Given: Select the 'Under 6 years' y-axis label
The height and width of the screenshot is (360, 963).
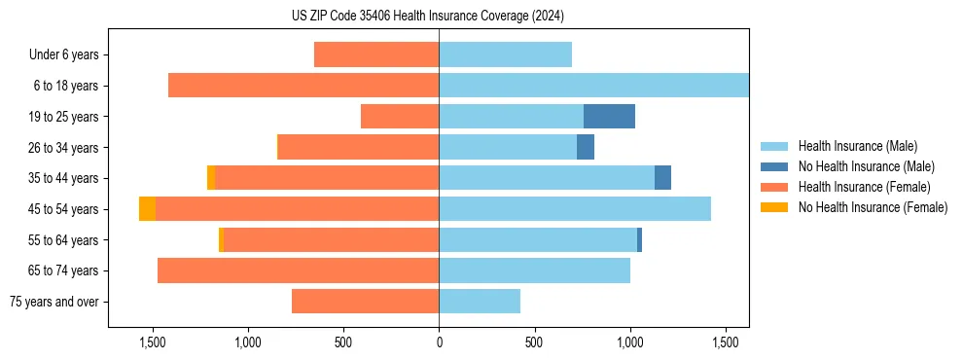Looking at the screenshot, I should click(x=63, y=54).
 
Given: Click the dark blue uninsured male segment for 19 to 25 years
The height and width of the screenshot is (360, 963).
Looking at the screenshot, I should click(x=609, y=116).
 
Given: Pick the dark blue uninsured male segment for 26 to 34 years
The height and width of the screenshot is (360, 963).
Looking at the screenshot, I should click(x=586, y=147).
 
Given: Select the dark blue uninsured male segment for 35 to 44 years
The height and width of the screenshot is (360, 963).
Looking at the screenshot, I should click(x=662, y=178).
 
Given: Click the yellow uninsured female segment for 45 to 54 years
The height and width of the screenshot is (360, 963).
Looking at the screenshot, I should click(x=147, y=209).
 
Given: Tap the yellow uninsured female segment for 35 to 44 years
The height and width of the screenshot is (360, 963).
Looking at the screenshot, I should click(x=211, y=178).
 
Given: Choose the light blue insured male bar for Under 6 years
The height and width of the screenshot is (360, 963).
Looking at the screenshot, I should click(x=505, y=54).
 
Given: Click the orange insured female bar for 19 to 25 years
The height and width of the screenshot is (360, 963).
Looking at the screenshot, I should click(x=400, y=116).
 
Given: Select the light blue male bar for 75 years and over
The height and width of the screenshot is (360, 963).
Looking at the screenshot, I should click(x=480, y=302).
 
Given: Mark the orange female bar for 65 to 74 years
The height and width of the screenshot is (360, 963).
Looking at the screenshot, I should click(x=298, y=270).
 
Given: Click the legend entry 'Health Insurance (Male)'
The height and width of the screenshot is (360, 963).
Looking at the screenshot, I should click(x=857, y=146).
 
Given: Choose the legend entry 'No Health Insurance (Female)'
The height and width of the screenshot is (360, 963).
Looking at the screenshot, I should click(x=873, y=207).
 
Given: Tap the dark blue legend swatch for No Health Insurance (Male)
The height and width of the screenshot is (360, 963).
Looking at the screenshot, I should click(x=774, y=166).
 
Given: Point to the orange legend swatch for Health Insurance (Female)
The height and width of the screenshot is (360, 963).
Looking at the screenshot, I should click(x=774, y=187).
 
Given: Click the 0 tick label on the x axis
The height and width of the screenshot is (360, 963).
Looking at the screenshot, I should click(x=439, y=342).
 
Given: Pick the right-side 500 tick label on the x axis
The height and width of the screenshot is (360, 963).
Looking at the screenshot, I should click(x=534, y=342).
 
